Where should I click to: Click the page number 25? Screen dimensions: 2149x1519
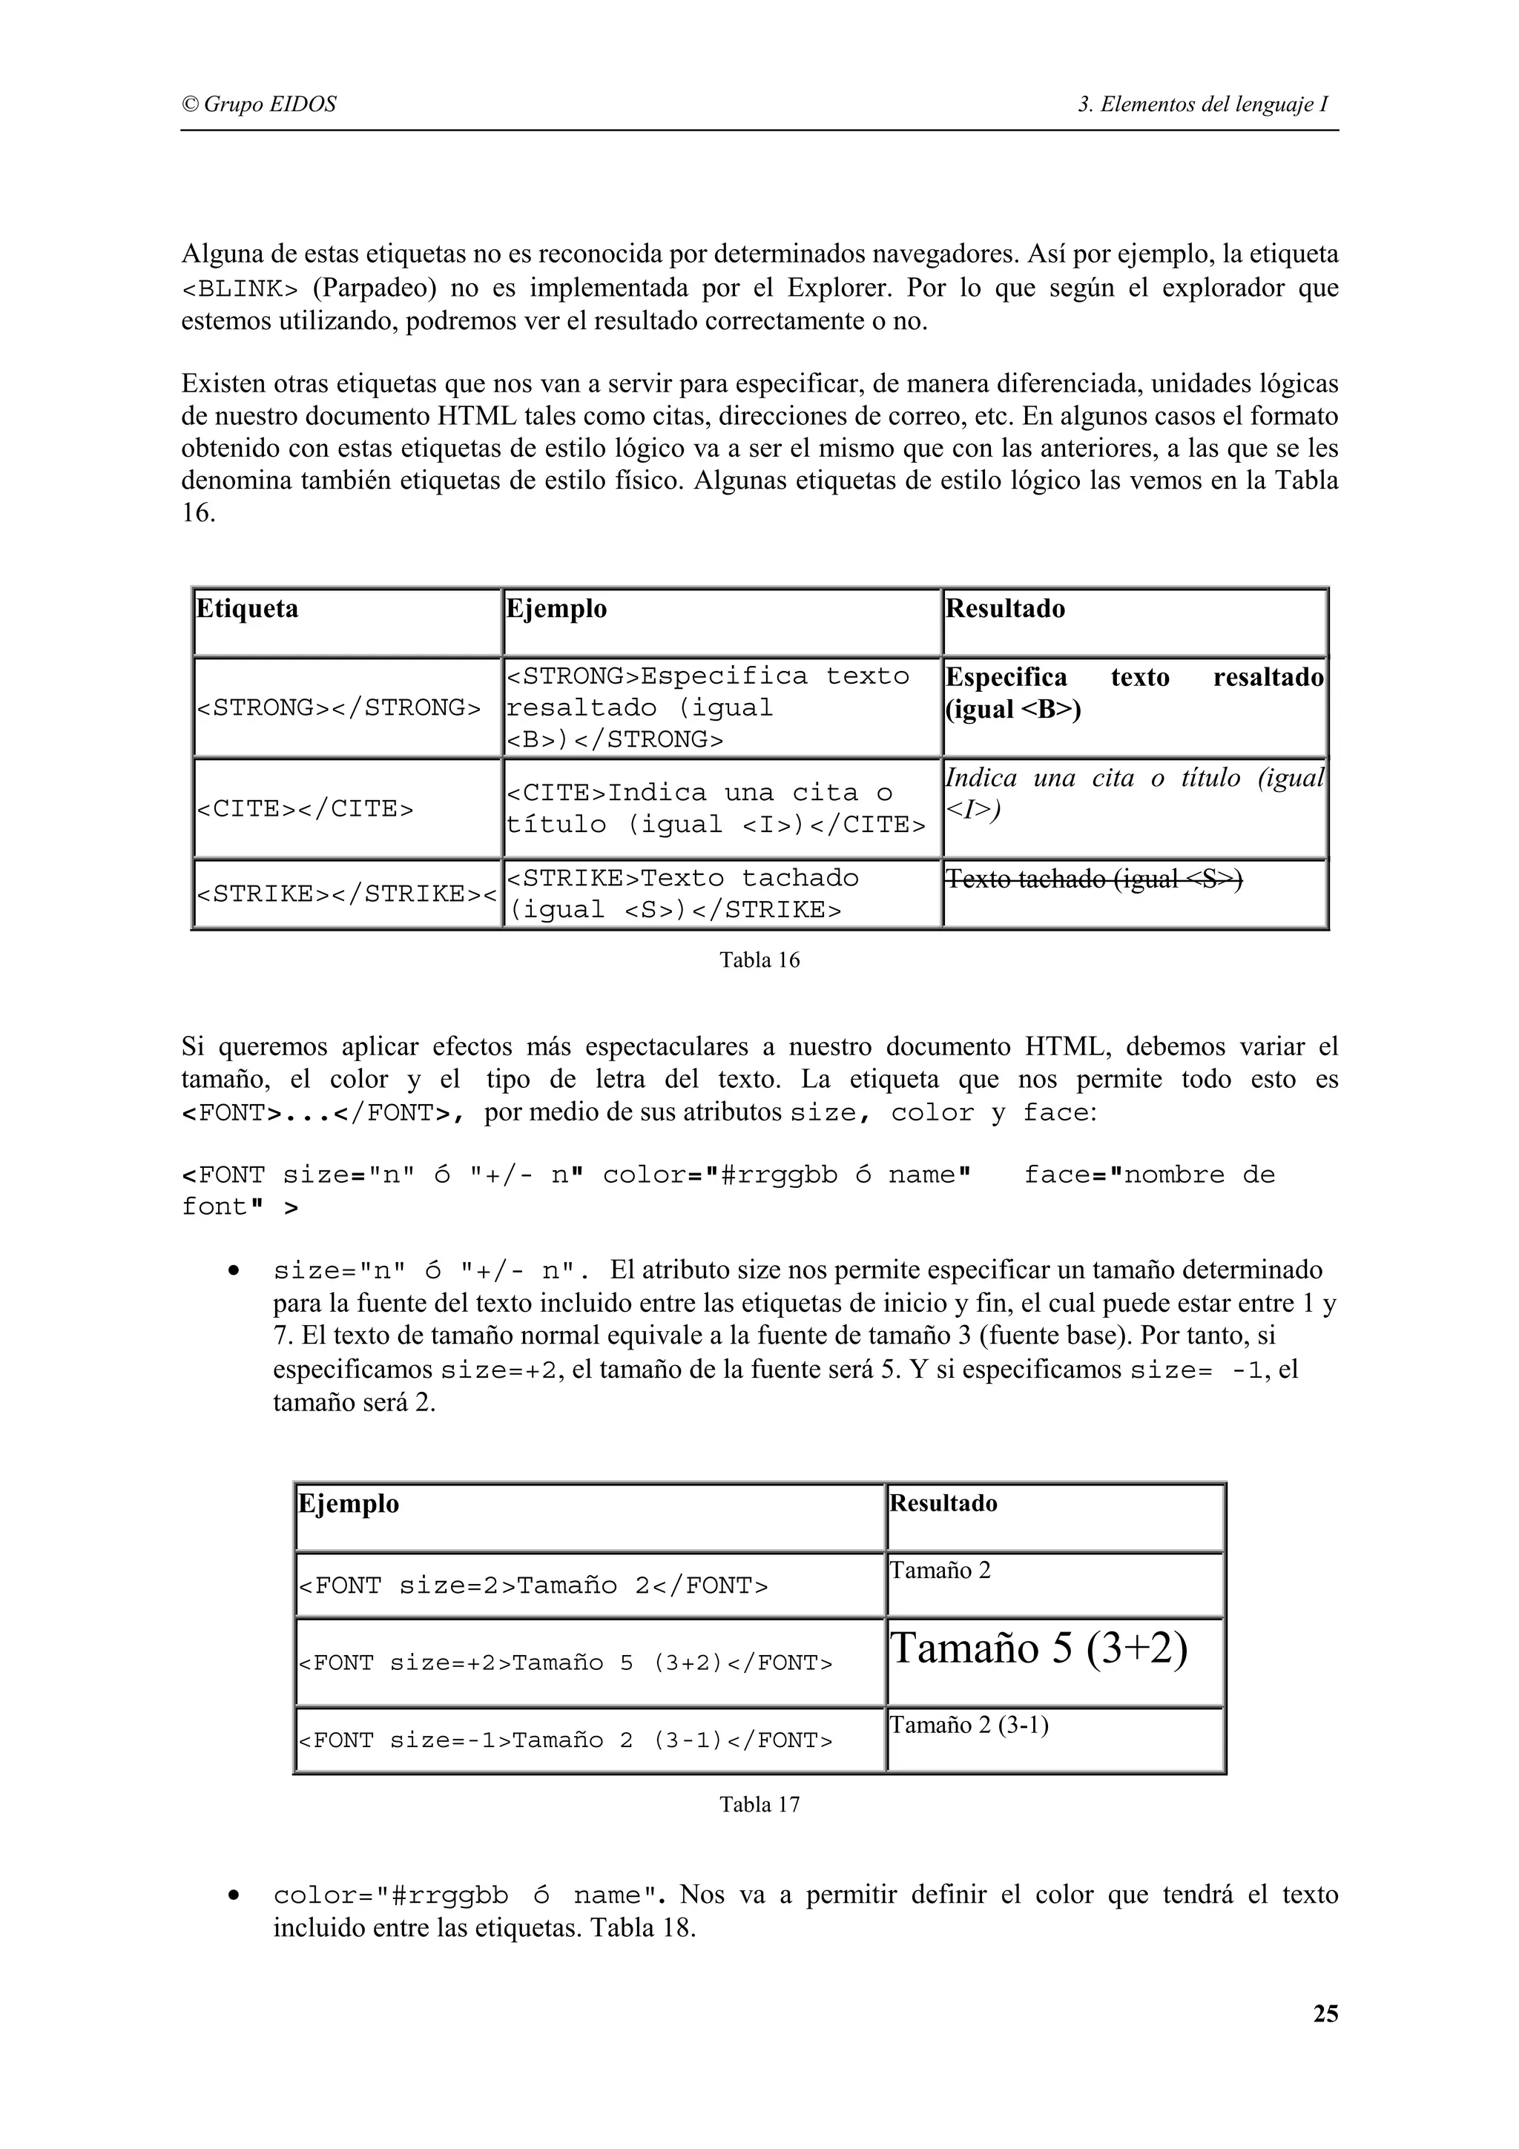click(x=1325, y=2014)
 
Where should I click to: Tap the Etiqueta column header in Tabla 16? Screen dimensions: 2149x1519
click(x=247, y=610)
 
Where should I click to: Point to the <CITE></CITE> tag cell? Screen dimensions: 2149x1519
click(x=305, y=809)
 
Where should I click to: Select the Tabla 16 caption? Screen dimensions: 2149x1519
click(x=759, y=960)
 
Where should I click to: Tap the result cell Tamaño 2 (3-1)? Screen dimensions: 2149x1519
click(x=969, y=1725)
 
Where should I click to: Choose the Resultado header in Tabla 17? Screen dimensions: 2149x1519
click(x=943, y=1504)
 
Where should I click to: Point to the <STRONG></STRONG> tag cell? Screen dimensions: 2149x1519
click(x=338, y=707)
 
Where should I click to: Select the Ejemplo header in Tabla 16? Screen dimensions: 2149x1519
click(x=556, y=610)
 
